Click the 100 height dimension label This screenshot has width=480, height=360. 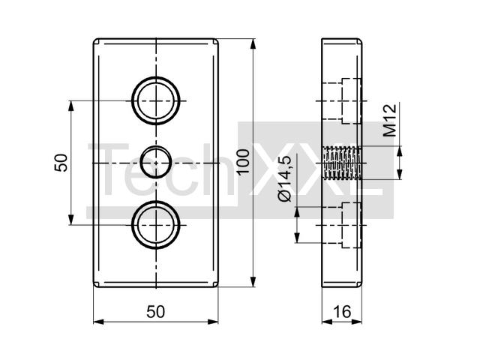(x=244, y=161)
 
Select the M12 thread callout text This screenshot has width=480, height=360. (x=390, y=120)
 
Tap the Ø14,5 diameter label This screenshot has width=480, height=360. (x=285, y=178)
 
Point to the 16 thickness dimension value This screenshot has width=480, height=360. (x=342, y=312)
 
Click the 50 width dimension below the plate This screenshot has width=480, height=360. (x=155, y=312)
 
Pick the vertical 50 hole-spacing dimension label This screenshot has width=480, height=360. (x=61, y=163)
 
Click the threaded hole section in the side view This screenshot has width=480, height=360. (x=343, y=163)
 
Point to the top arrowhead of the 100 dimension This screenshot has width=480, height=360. (x=253, y=43)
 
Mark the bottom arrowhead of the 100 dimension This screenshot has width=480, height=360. (x=253, y=282)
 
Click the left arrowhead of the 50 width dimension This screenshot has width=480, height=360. (x=98, y=322)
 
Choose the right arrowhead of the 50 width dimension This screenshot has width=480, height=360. (x=213, y=322)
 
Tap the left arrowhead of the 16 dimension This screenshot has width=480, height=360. (x=327, y=322)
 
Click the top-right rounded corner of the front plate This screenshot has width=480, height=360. (x=217, y=40)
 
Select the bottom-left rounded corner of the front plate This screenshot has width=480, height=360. (x=95, y=285)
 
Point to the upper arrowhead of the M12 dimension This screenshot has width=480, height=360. (x=399, y=151)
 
